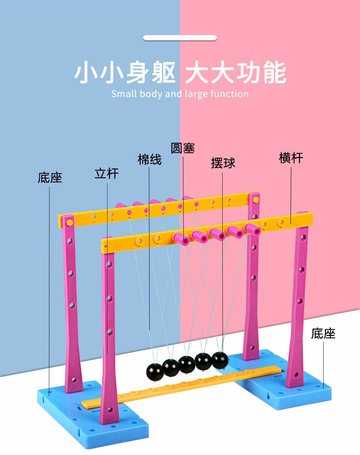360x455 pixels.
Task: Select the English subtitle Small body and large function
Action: (180, 94)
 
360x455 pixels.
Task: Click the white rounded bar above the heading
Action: (180, 37)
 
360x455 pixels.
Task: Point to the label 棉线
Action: (150, 160)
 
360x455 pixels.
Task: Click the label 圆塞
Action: (183, 148)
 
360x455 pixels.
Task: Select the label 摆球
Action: (223, 163)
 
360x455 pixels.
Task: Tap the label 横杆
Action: (291, 158)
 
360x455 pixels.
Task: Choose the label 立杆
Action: (107, 173)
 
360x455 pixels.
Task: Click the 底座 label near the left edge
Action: (50, 178)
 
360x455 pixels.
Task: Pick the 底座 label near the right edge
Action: (323, 333)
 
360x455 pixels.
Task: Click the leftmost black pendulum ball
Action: (155, 370)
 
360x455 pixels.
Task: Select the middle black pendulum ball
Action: (187, 365)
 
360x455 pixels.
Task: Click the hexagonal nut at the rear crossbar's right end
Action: (255, 197)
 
